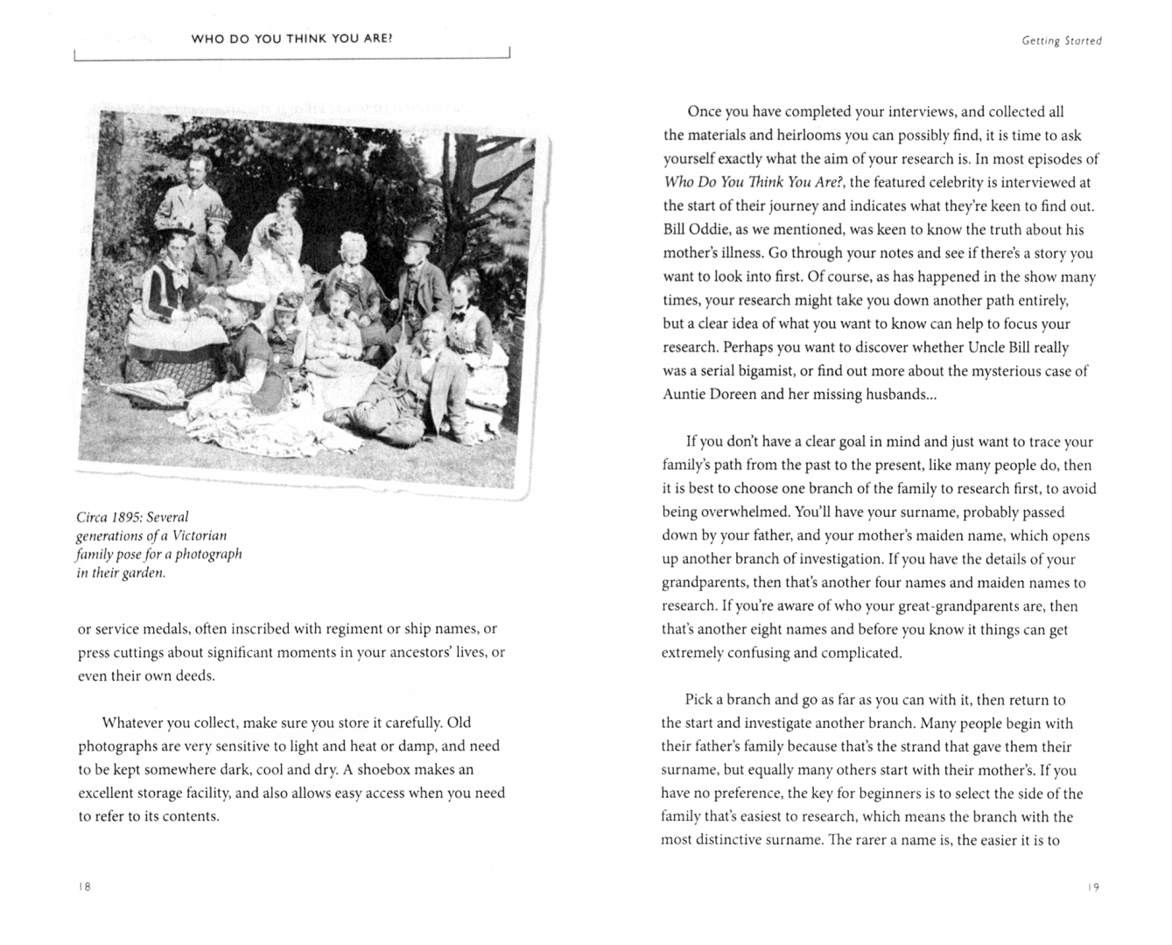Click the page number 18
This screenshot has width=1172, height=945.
click(x=84, y=886)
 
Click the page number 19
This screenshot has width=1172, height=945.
click(x=1093, y=887)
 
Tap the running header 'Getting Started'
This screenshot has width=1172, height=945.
click(x=1061, y=41)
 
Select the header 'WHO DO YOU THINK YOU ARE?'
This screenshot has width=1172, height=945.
click(x=291, y=38)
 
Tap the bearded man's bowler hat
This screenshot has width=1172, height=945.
click(x=423, y=233)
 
